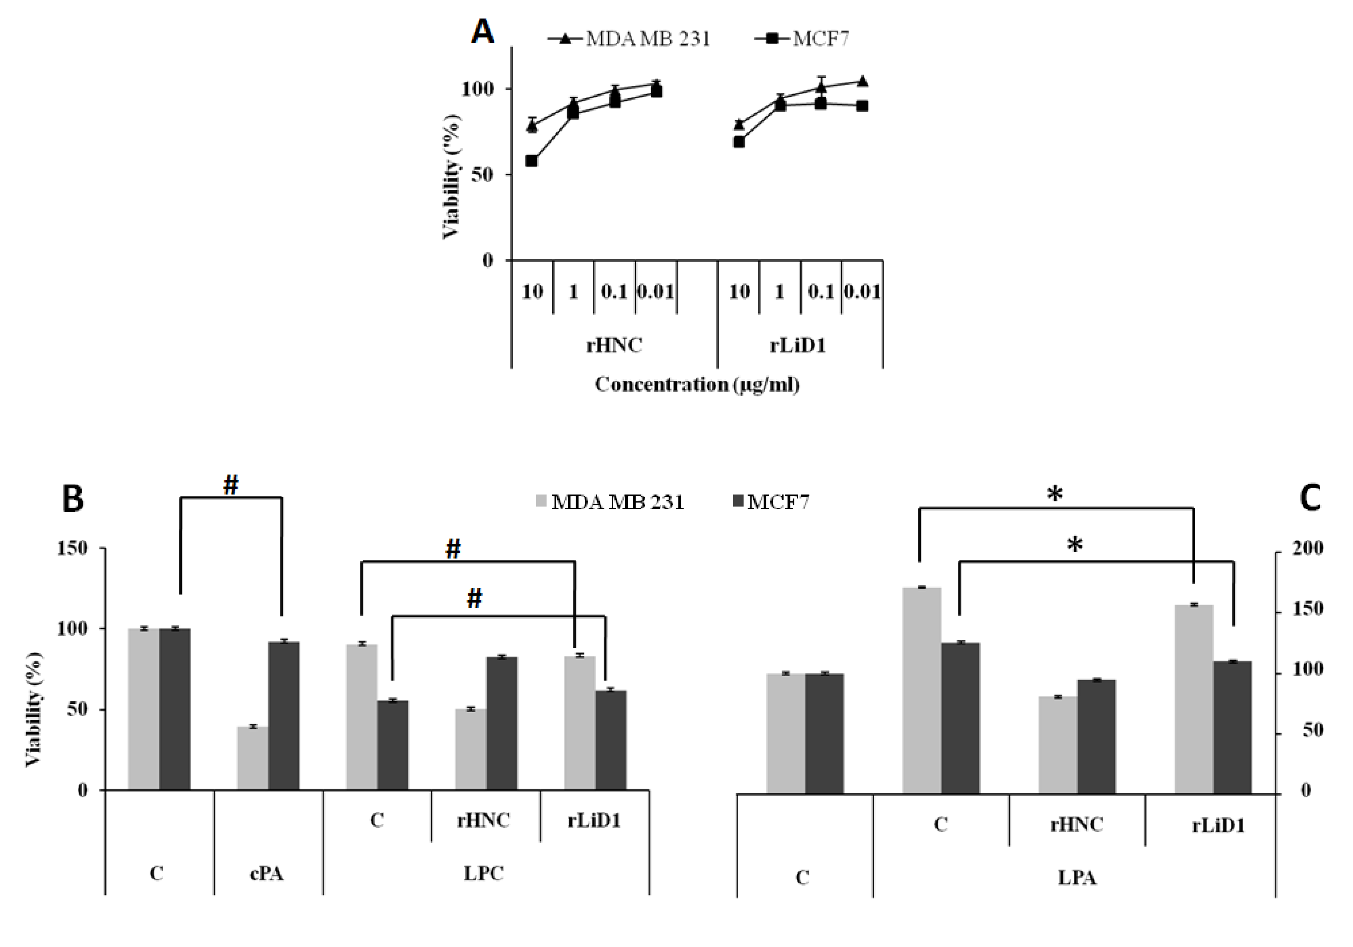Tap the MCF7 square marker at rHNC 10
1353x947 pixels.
point(532,161)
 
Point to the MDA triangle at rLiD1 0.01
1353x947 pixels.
point(862,81)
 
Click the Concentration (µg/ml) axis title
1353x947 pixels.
point(697,384)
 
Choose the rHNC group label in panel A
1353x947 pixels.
point(614,344)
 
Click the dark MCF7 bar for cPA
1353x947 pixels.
point(284,715)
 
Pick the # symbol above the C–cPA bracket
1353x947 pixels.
point(230,485)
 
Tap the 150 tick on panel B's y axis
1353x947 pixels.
point(73,548)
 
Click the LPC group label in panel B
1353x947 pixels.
point(483,873)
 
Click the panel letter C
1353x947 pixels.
point(1309,498)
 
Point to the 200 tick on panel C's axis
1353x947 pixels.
point(1308,548)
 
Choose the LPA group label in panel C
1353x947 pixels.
point(1077,877)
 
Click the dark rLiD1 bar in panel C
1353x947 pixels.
point(1232,727)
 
